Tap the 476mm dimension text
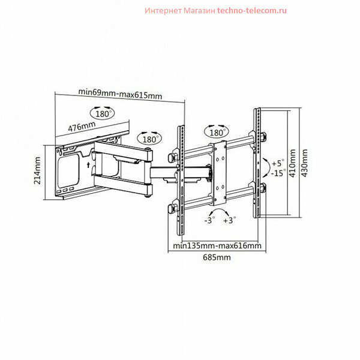(x=82, y=127)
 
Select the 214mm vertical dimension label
(x=37, y=171)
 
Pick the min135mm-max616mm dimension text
(x=217, y=245)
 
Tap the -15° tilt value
(x=277, y=173)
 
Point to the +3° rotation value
(x=230, y=221)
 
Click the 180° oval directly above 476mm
(x=103, y=112)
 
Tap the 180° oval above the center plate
(x=216, y=131)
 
